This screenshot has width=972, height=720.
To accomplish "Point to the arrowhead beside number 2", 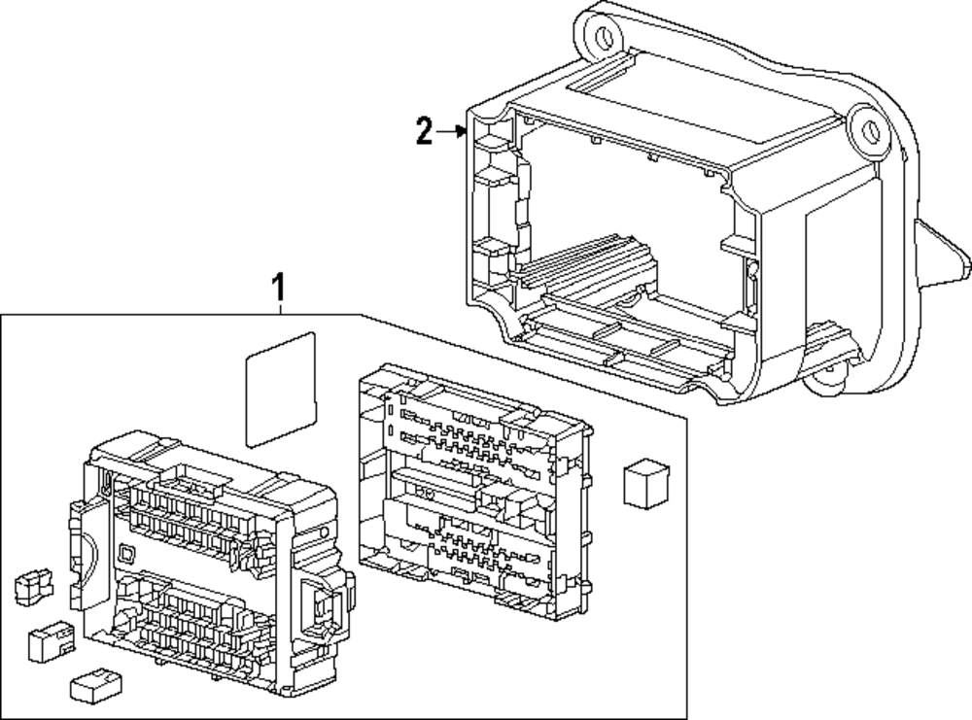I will tap(464, 133).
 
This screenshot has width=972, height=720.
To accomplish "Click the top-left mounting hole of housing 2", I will tap(603, 37).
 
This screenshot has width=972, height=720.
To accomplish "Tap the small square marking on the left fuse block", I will tap(125, 555).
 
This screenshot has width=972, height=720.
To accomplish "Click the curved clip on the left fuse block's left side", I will tap(82, 544).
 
